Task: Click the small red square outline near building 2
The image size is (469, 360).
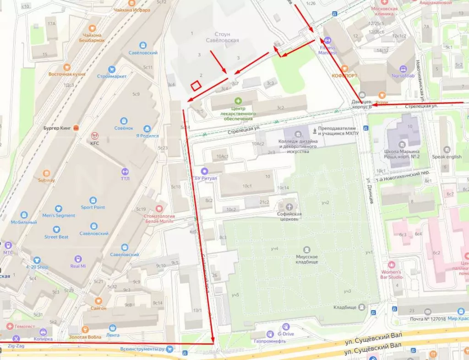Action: pos(196,86)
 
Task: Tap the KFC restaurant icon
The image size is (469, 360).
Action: pos(95,136)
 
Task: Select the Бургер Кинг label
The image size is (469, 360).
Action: pos(57,128)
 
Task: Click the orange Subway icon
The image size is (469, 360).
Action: pos(46,173)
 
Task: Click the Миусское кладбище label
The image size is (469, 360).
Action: pos(307,260)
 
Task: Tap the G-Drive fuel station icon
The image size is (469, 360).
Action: pos(286,327)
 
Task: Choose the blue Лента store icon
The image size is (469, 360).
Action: pos(113,328)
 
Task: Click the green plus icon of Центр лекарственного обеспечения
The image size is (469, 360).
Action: pos(238,101)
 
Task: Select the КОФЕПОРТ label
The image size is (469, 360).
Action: pos(345,76)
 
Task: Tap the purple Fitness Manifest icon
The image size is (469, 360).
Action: pos(327,40)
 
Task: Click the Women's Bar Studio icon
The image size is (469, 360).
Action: pos(391,265)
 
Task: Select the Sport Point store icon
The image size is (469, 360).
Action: pos(93,200)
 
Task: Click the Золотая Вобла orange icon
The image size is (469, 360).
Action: pos(85,329)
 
